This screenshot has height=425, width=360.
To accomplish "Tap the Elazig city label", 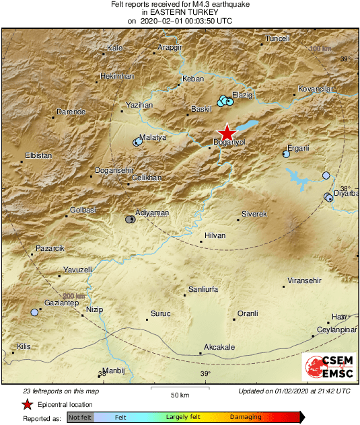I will (242, 95).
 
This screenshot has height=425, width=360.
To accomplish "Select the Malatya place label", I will (153, 137).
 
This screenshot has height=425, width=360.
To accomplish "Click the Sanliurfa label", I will (205, 289).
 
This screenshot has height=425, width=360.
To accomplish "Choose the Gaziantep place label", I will (62, 304).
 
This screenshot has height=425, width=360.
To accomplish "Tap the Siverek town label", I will (255, 213).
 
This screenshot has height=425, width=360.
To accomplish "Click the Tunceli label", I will (278, 38).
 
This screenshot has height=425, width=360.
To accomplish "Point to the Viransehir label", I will (305, 279).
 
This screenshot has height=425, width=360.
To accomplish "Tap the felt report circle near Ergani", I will (286, 154).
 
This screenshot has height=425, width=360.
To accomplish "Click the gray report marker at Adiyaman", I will (130, 219).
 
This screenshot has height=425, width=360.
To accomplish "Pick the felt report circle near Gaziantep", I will (34, 312).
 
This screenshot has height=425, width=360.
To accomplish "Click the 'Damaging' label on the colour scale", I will (246, 417).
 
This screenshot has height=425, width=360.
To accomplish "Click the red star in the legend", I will (27, 404).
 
